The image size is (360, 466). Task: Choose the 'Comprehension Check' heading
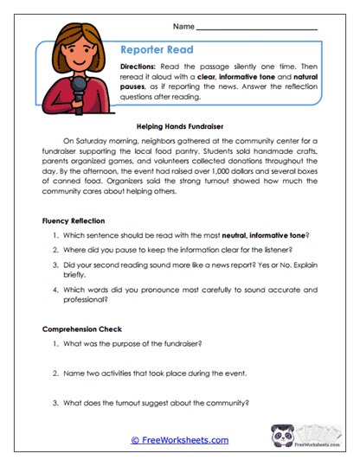[x=81, y=329]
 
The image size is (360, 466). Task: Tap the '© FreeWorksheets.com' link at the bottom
[x=180, y=440]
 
